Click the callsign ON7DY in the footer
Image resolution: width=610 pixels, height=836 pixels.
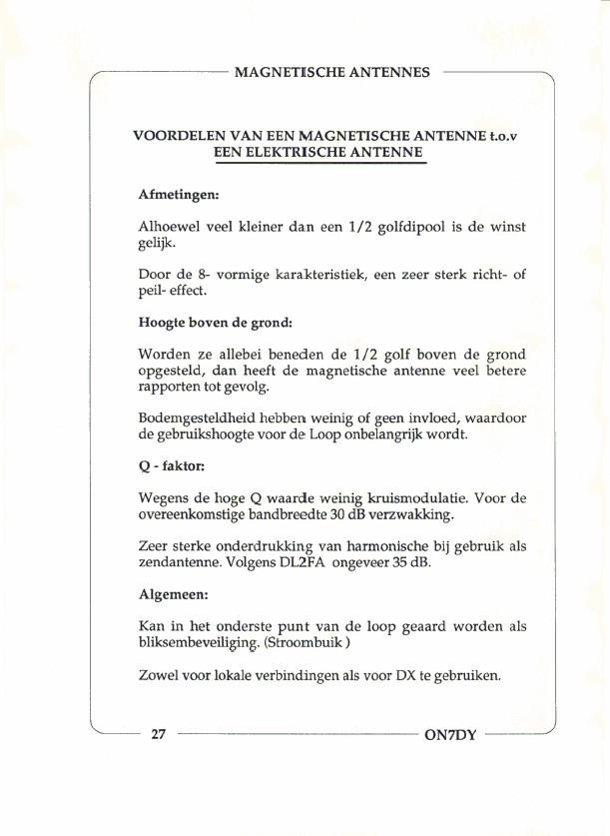451,736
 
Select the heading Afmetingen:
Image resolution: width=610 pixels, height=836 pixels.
179,196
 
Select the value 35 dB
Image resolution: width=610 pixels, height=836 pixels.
409,563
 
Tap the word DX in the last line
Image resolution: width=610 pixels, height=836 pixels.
405,676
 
